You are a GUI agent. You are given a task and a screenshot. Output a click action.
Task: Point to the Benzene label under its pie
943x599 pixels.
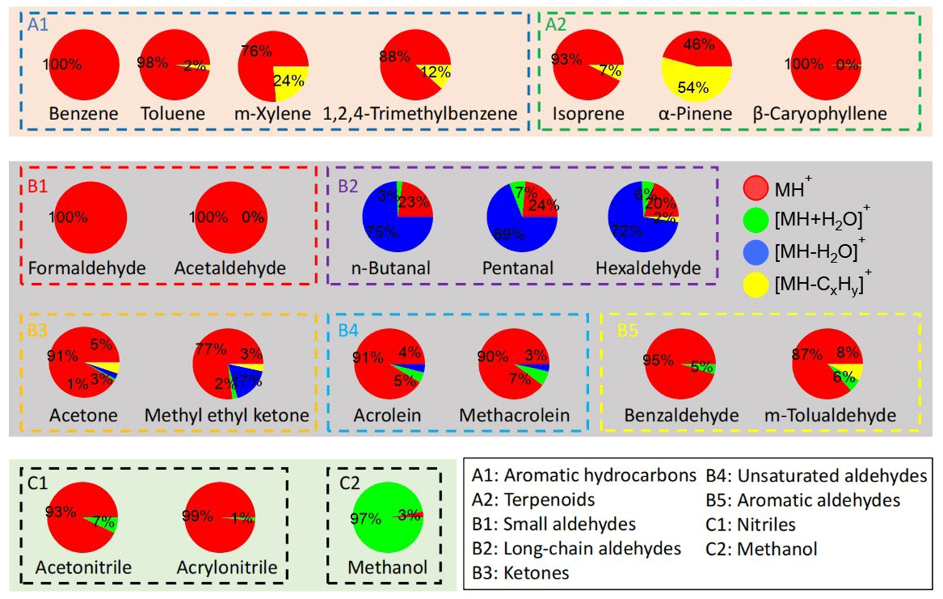click(x=83, y=114)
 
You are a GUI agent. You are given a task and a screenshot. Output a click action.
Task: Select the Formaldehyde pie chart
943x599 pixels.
click(x=91, y=218)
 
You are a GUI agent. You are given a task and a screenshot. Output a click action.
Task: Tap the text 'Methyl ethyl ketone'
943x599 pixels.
click(x=227, y=416)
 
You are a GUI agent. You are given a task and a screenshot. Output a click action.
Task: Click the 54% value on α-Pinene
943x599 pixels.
click(x=696, y=86)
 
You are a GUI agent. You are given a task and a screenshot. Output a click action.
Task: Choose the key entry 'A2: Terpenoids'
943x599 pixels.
click(x=533, y=500)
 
